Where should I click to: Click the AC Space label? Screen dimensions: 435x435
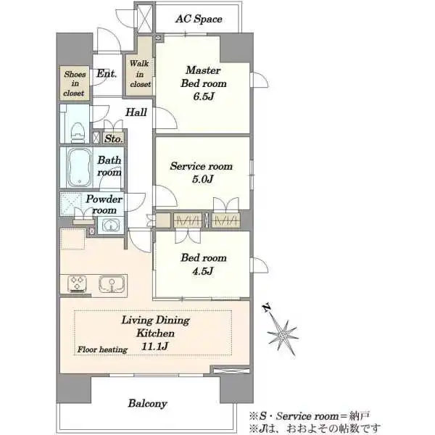pyautogui.click(x=199, y=19)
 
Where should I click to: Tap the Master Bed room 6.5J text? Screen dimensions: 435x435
pyautogui.click(x=204, y=83)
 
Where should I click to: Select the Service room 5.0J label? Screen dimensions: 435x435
pyautogui.click(x=202, y=173)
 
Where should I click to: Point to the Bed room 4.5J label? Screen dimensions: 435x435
pyautogui.click(x=204, y=264)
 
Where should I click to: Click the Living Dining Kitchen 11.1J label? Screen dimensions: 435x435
pyautogui.click(x=156, y=333)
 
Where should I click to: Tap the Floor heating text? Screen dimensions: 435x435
pyautogui.click(x=102, y=349)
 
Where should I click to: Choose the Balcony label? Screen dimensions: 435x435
pyautogui.click(x=148, y=403)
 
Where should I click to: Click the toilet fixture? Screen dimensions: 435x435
pyautogui.click(x=78, y=133)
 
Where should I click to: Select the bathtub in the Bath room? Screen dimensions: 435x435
pyautogui.click(x=79, y=167)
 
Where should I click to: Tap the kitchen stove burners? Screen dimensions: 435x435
pyautogui.click(x=77, y=283)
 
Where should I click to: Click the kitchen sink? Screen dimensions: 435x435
pyautogui.click(x=112, y=284)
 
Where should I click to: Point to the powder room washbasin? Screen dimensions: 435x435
pyautogui.click(x=111, y=225)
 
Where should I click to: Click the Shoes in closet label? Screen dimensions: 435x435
pyautogui.click(x=75, y=83)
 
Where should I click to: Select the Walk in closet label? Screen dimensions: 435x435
pyautogui.click(x=140, y=74)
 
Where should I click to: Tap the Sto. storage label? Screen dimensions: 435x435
pyautogui.click(x=114, y=138)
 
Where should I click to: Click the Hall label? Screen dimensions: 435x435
pyautogui.click(x=136, y=112)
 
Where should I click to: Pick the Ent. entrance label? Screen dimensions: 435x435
pyautogui.click(x=107, y=73)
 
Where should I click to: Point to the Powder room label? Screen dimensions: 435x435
pyautogui.click(x=104, y=204)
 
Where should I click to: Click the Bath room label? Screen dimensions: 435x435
pyautogui.click(x=109, y=166)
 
